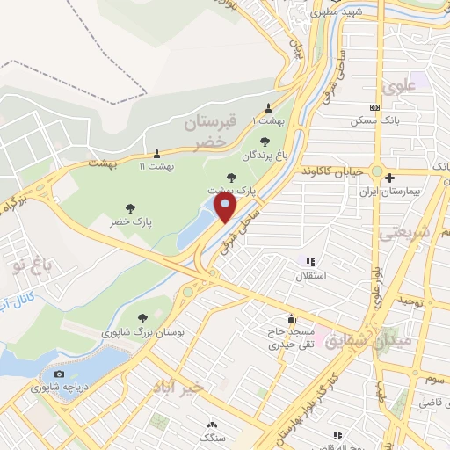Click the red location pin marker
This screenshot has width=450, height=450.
[x=226, y=208]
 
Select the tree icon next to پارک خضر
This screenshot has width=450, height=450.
[x=130, y=209]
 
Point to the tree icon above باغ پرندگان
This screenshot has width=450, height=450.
[x=265, y=141]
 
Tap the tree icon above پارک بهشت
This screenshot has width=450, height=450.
[x=231, y=177]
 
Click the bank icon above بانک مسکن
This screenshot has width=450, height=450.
[x=375, y=107]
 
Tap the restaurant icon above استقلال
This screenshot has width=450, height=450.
[x=309, y=262]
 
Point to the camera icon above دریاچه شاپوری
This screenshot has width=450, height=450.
[x=59, y=374]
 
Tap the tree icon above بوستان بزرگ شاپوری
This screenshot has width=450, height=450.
[x=142, y=318]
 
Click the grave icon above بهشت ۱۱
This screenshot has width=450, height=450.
[x=157, y=152]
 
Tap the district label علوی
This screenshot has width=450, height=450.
[x=396, y=87]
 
